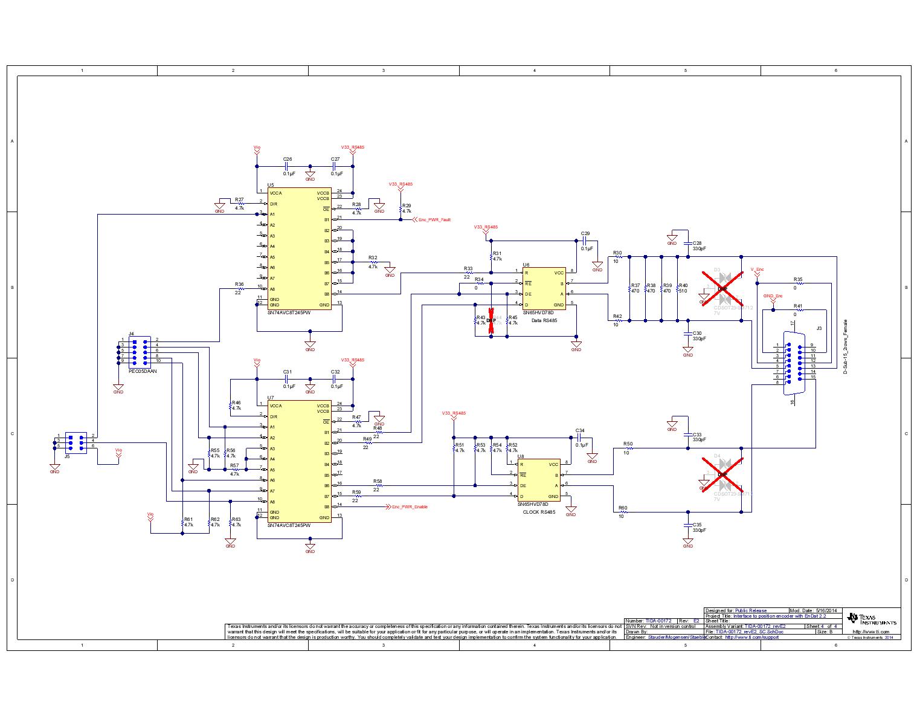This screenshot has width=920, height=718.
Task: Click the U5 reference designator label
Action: [x=271, y=185]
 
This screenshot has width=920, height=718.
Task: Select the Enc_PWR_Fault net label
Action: [x=434, y=219]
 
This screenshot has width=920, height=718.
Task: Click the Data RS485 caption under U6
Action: [x=544, y=320]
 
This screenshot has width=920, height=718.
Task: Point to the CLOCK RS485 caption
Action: [x=539, y=512]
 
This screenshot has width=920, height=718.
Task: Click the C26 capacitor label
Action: [x=288, y=159]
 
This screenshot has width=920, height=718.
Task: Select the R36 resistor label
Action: [x=239, y=283]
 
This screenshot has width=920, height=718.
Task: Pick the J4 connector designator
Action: [x=131, y=334]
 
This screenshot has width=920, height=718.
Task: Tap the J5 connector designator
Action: [x=66, y=457]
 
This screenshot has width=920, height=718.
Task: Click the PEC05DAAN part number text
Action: [x=143, y=372]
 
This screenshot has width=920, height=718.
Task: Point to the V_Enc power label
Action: [x=757, y=269]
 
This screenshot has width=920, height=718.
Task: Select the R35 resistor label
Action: [x=798, y=279]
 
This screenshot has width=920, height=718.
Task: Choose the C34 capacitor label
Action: [x=580, y=431]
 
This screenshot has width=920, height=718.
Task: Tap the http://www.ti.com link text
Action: [x=870, y=632]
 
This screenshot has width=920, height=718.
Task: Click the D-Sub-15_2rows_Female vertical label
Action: [x=846, y=346]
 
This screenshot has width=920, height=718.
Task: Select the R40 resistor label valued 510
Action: [x=683, y=288]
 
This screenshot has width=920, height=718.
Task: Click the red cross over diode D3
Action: [x=722, y=289]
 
